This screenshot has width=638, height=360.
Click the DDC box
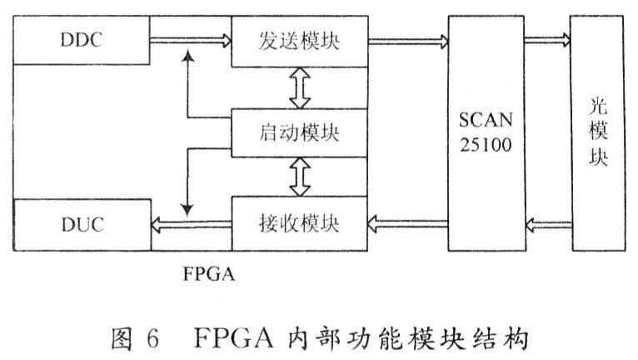click(82, 40)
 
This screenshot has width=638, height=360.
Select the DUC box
click(82, 225)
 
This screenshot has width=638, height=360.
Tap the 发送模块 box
click(300, 41)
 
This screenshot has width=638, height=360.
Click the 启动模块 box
click(300, 132)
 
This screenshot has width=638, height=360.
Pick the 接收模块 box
click(300, 223)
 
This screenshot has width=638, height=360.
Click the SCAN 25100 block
click(486, 133)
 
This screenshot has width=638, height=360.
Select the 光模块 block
click(598, 133)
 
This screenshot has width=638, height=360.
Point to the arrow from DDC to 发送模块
click(191, 40)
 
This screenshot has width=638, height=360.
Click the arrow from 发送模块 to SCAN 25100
click(408, 41)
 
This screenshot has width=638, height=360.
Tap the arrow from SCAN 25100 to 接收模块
click(407, 224)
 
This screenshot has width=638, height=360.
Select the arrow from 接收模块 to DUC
click(192, 224)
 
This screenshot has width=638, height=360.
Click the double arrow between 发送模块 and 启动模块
click(300, 88)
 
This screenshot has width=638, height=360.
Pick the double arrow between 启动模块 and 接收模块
click(300, 177)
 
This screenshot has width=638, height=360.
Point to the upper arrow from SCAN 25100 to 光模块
click(548, 40)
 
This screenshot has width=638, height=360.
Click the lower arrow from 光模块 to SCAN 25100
click(548, 225)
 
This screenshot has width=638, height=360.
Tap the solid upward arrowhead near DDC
click(187, 56)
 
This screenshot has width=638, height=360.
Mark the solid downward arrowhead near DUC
click(187, 210)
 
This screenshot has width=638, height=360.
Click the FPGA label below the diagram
click(209, 273)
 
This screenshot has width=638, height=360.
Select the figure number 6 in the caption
click(152, 337)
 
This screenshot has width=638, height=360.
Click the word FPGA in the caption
click(232, 337)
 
